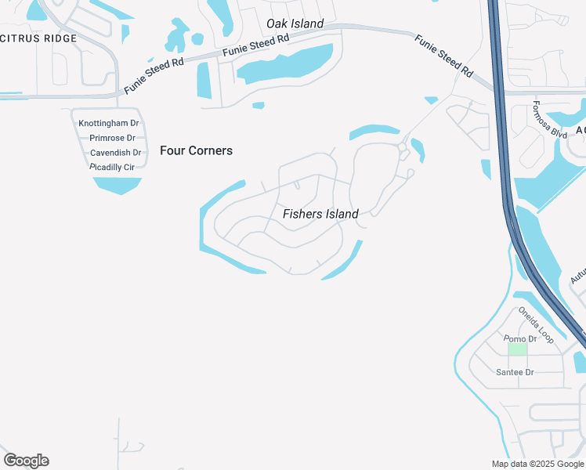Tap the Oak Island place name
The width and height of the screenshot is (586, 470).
295,23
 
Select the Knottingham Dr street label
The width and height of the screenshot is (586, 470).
109,123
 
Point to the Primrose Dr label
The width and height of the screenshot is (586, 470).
112,138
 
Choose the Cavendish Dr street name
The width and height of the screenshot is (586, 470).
115,153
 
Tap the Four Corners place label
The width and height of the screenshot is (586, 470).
196,150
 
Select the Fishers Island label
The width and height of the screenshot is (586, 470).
320,214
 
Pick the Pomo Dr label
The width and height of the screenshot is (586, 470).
519,338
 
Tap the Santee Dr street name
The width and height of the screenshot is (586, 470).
515,372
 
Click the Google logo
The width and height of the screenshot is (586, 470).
26,461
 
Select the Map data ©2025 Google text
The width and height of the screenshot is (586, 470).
537,464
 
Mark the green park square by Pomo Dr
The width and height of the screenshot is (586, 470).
517,349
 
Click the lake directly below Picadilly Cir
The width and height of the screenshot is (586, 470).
118,185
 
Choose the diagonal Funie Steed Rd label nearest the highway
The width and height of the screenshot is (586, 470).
443,56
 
